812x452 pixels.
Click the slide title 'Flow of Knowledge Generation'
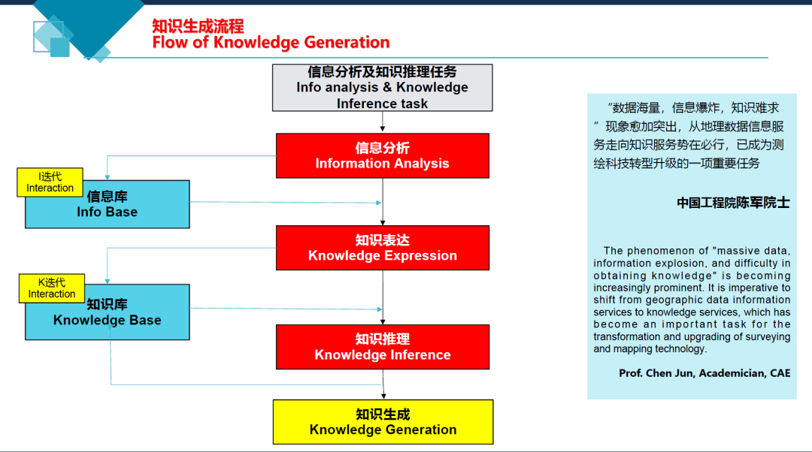click(271, 42)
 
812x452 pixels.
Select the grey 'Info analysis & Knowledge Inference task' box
click(382, 88)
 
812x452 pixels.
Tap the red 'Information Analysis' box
click(382, 155)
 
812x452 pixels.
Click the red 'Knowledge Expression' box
click(382, 248)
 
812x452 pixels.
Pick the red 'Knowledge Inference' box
click(382, 347)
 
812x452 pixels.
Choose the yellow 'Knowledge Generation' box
click(383, 422)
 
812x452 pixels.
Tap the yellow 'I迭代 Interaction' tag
click(50, 182)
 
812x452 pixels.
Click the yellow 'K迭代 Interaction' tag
click(52, 288)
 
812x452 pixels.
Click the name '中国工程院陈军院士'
click(733, 203)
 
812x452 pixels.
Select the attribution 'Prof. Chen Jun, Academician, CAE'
click(704, 373)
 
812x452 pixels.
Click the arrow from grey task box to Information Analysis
click(383, 122)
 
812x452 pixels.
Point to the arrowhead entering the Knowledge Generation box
click(383, 396)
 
